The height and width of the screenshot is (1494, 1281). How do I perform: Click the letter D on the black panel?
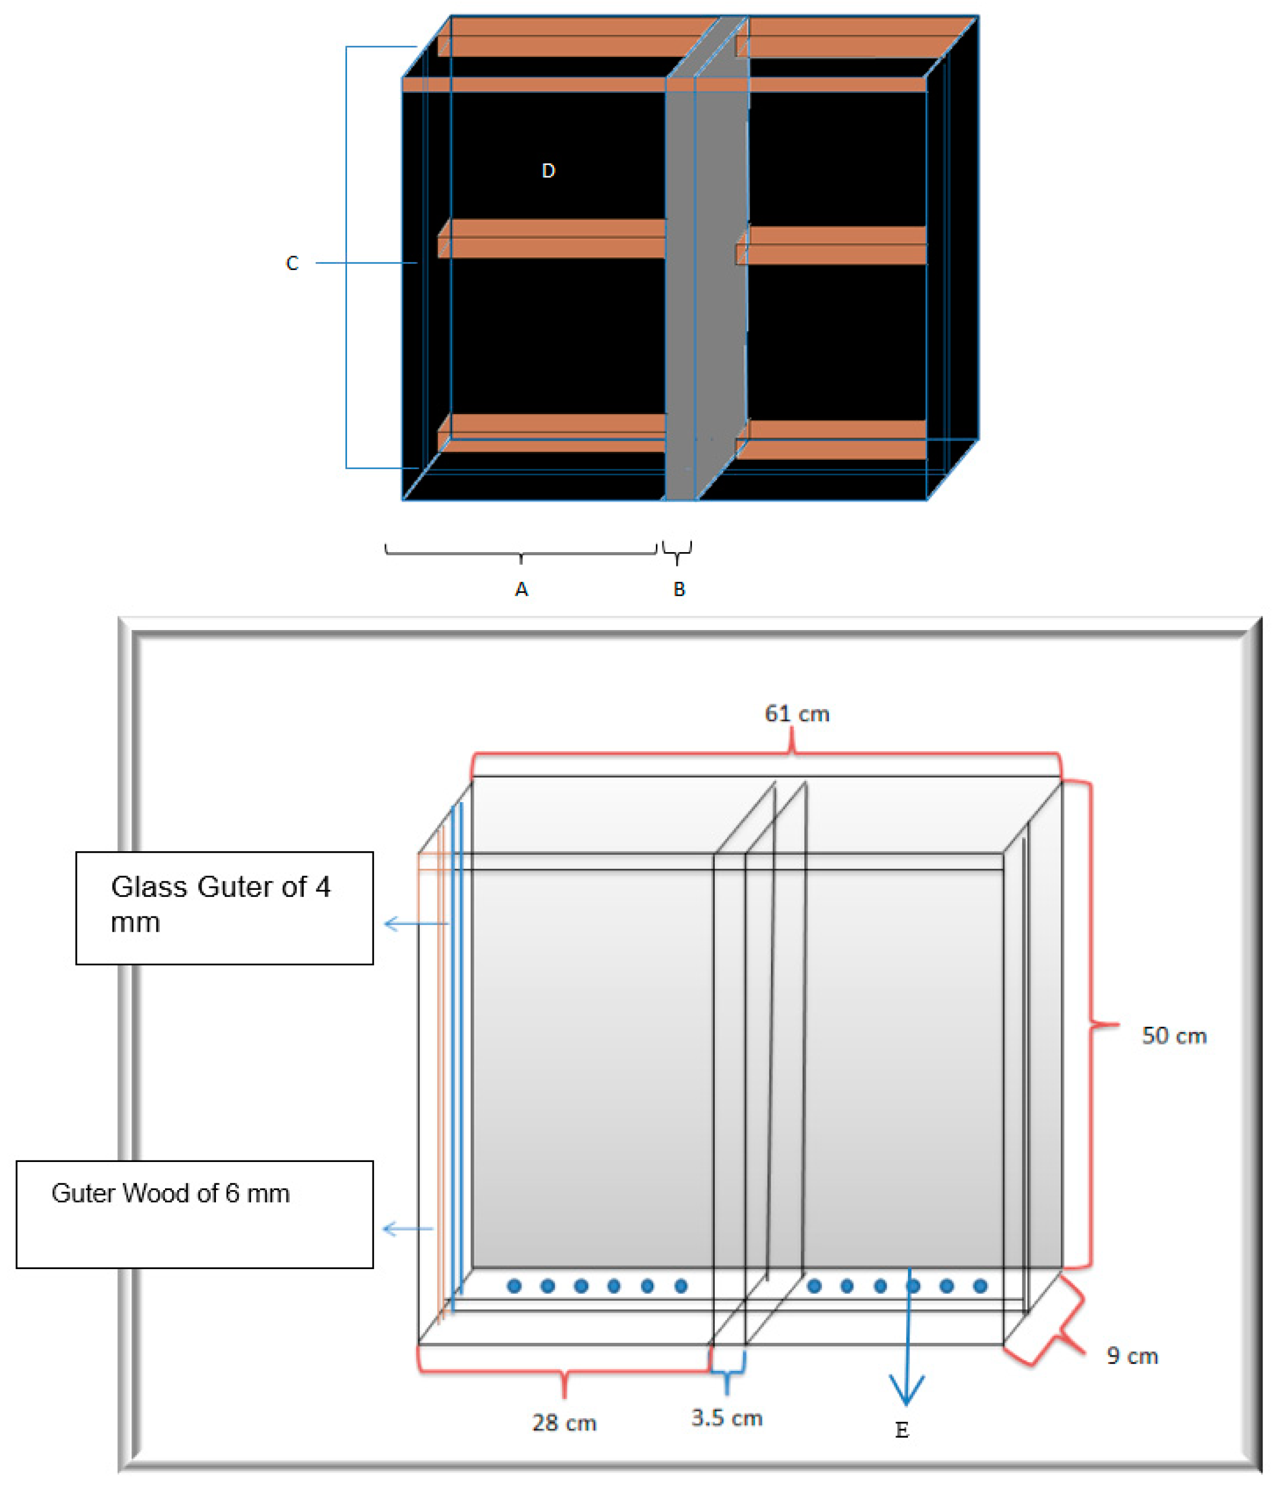coord(548,171)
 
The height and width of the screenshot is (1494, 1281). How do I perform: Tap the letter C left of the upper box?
coord(292,263)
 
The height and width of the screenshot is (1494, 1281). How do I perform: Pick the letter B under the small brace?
coord(679,589)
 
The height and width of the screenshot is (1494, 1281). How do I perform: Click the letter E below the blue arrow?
coord(902,1430)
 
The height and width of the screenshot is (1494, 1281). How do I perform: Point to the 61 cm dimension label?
coord(797,714)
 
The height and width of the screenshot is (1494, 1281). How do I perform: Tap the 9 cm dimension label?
coord(1132,1356)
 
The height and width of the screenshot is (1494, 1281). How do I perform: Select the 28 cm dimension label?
coord(564,1422)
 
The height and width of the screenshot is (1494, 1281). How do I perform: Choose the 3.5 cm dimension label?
coord(727,1418)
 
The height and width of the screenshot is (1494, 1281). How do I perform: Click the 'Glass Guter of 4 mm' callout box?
coord(224,908)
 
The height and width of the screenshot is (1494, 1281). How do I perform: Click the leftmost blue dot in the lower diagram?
coord(514,1286)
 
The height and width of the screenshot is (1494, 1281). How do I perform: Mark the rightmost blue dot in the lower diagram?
coord(980,1286)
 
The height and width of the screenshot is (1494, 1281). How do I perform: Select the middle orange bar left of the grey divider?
coord(552,239)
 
